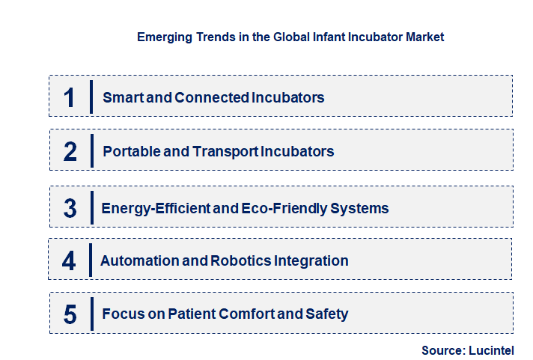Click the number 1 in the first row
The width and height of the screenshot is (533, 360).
coord(70,97)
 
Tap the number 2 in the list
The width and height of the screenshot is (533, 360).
coord(70,151)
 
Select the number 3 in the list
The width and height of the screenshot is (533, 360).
coord(70,208)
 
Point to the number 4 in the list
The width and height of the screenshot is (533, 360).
coord(70,261)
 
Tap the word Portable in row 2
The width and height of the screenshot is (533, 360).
coord(131,151)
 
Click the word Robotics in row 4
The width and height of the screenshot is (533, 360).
coord(235,261)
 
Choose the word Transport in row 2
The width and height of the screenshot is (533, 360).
coord(225,151)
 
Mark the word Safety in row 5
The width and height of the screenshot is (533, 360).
coord(326,314)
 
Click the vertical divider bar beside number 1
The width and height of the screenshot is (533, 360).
coord(91,97)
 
